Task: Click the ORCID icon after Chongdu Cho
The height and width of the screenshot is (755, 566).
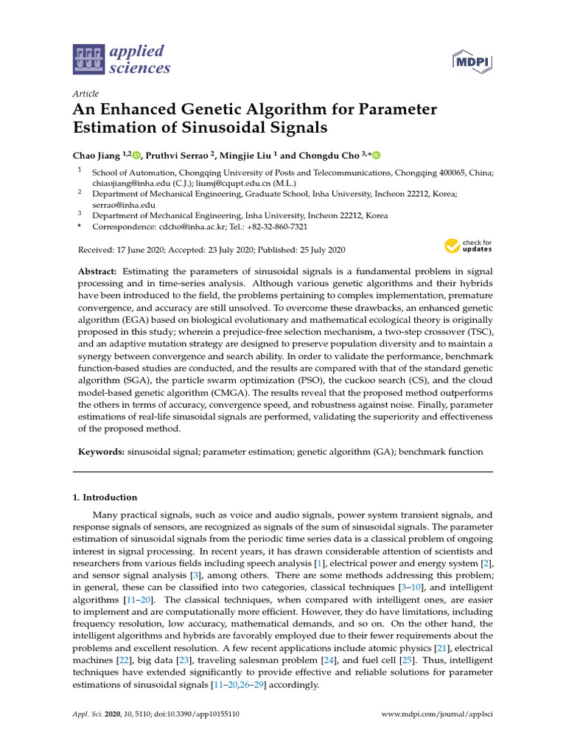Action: click(377, 155)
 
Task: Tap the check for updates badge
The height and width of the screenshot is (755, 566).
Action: click(468, 246)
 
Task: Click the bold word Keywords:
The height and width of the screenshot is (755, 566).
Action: click(101, 450)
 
